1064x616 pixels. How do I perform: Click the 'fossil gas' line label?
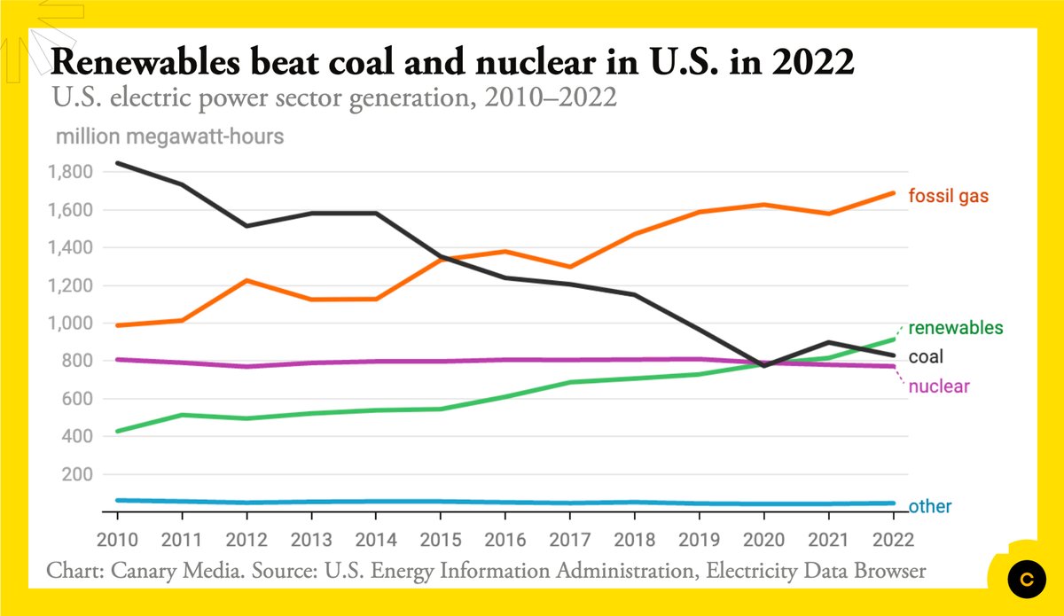949,196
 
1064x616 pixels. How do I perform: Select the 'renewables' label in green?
956,328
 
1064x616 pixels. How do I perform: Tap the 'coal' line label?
926,357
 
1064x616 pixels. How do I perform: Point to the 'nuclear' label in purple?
939,386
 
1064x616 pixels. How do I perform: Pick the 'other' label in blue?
930,507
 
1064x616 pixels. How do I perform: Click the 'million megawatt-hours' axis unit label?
169,137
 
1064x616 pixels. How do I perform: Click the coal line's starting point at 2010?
117,163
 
